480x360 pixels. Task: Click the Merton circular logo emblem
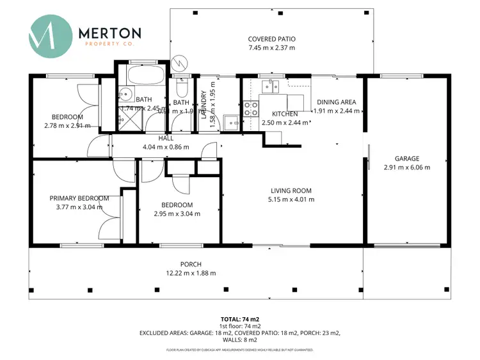(49, 36)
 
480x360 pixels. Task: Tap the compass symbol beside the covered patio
(180, 63)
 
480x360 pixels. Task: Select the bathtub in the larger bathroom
(137, 76)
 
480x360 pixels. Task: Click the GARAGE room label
(406, 159)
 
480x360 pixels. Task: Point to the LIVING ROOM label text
(291, 190)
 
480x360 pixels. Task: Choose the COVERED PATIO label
(272, 38)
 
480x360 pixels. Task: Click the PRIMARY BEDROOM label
(79, 198)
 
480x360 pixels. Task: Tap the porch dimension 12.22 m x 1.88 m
(191, 273)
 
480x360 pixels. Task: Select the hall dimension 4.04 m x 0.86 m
(165, 146)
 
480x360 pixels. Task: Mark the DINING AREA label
(336, 102)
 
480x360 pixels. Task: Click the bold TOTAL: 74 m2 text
(240, 318)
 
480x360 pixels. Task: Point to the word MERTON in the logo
(109, 32)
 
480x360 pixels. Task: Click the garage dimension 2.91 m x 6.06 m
(406, 168)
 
